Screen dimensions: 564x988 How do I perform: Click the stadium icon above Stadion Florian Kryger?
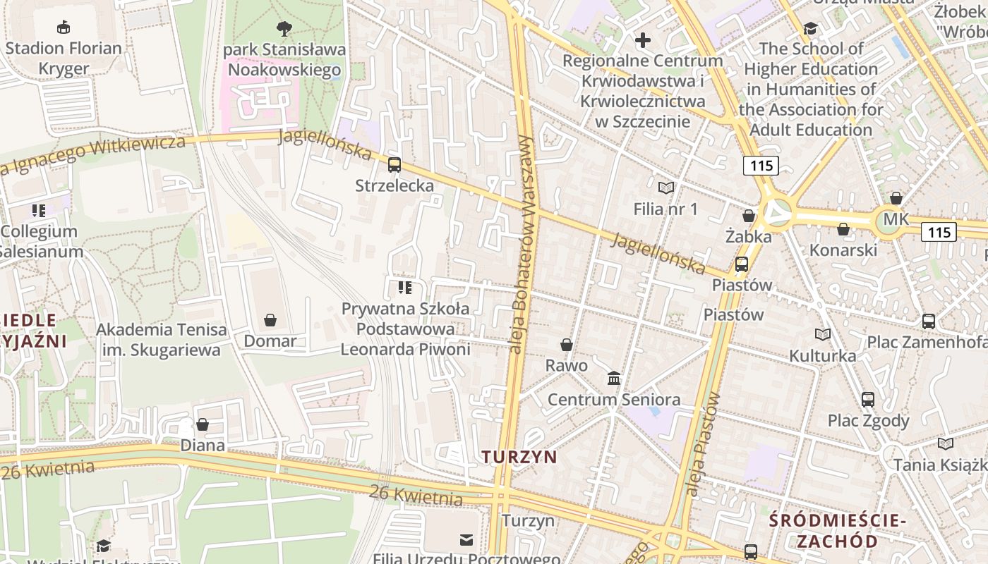[64, 27]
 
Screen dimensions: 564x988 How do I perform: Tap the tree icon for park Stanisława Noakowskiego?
[284, 29]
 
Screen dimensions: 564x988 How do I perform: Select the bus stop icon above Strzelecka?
[394, 165]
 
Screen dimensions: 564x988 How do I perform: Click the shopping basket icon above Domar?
[270, 321]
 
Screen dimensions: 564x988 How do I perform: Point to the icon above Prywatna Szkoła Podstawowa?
[405, 288]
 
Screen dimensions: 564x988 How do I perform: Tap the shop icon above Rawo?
[566, 345]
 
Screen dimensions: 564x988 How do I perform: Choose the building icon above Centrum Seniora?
[614, 379]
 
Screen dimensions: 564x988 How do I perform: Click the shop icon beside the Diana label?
[203, 424]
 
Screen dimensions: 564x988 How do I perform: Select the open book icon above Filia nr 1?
[665, 188]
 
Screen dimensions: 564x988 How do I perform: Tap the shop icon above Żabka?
[749, 216]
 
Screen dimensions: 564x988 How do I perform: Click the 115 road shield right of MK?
[939, 232]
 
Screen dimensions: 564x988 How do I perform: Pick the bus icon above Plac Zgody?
[868, 400]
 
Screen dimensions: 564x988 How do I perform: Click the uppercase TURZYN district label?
[519, 457]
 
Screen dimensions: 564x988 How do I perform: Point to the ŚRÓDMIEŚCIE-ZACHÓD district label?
[837, 531]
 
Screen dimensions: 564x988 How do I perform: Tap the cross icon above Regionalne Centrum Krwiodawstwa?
[642, 40]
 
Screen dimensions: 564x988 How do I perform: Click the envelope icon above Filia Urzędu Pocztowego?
[466, 540]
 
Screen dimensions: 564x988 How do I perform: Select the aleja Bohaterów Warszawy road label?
[522, 243]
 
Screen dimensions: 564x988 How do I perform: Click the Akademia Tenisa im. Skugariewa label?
[162, 340]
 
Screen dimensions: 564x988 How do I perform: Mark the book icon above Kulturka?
[823, 334]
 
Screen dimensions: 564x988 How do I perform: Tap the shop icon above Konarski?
[843, 229]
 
